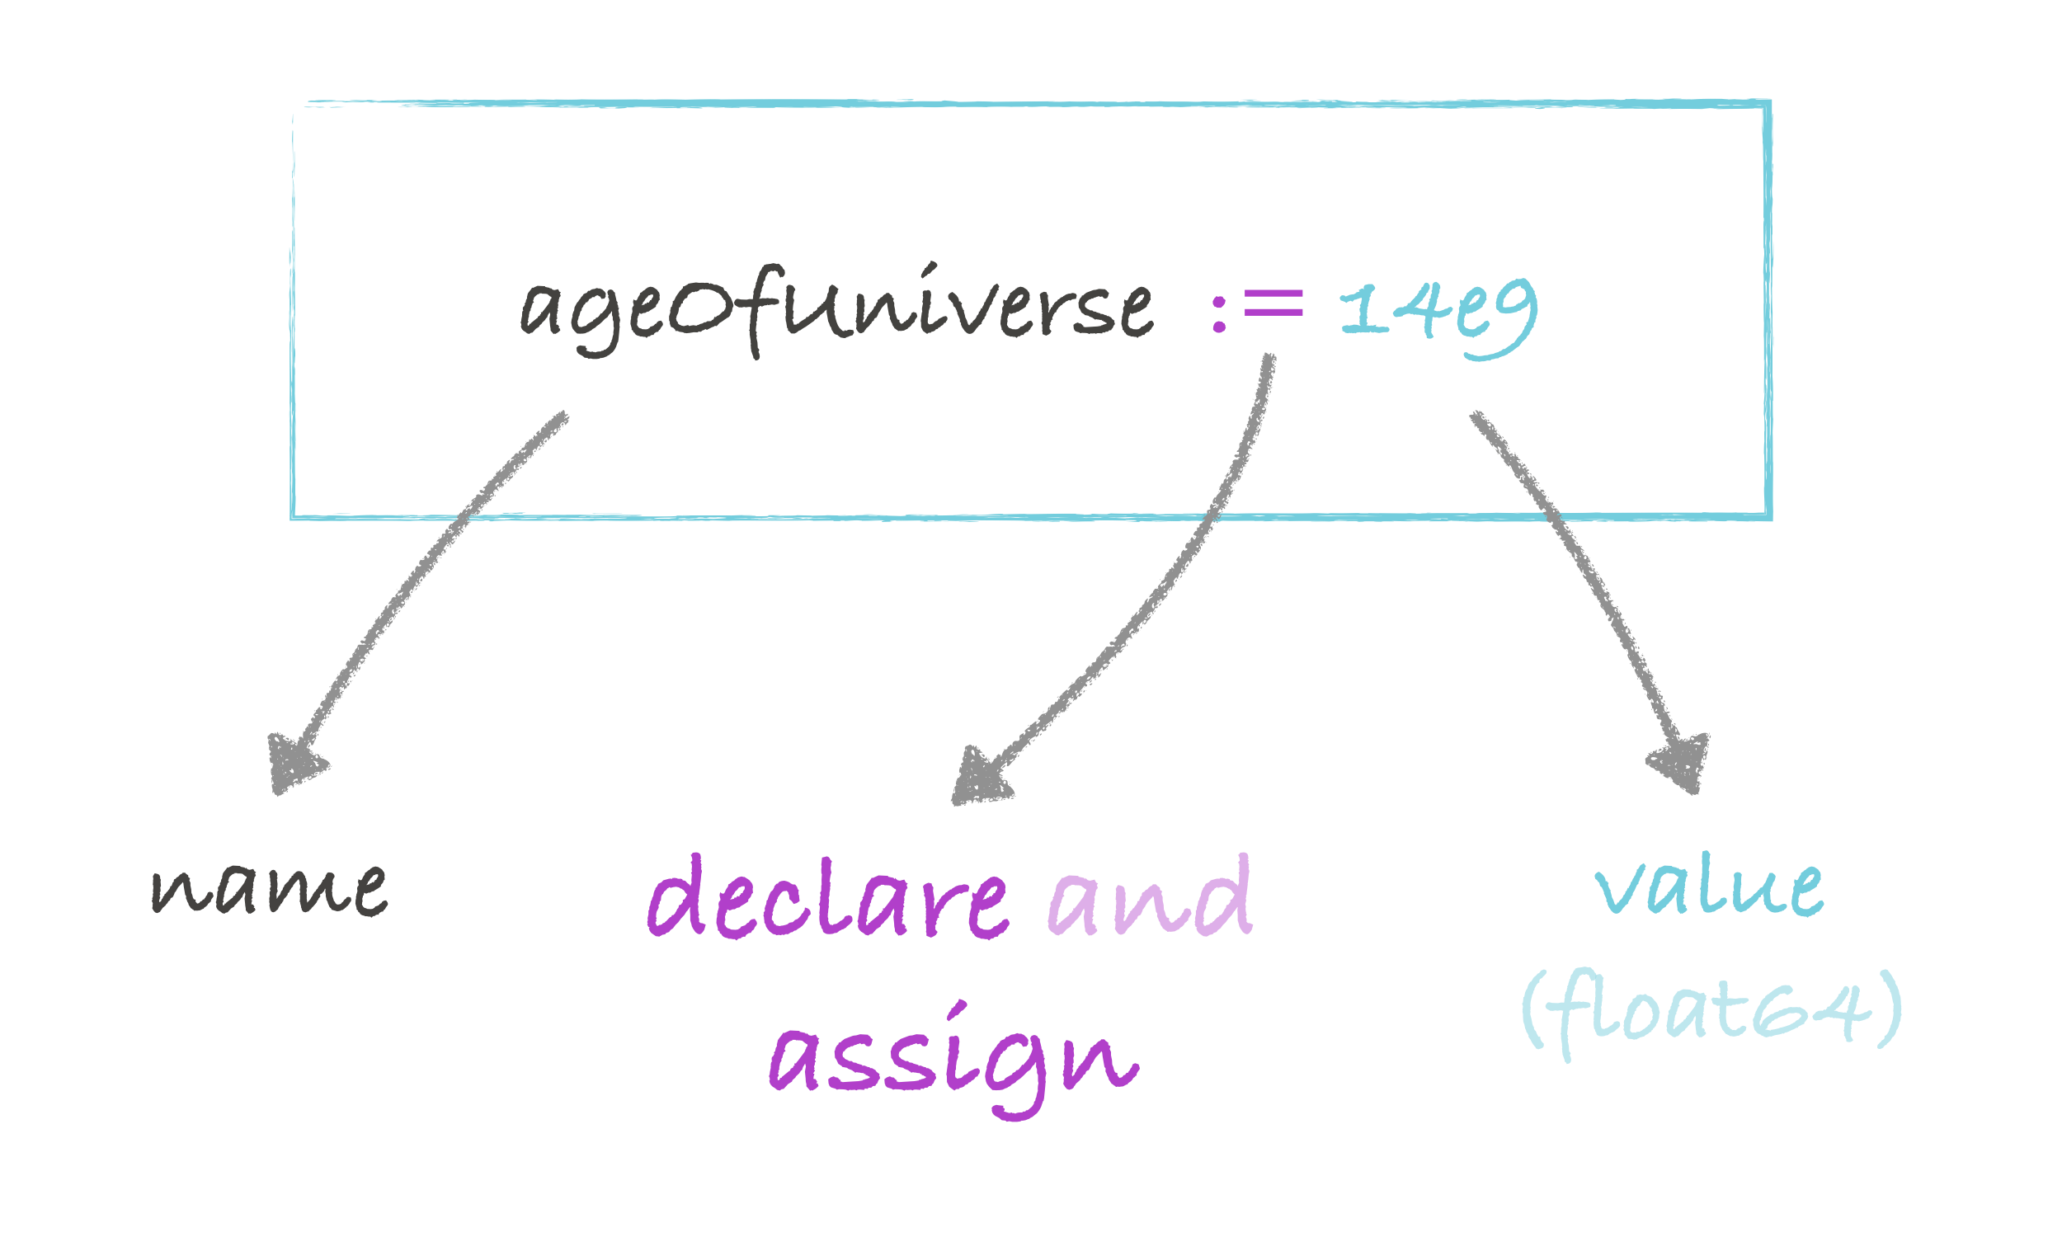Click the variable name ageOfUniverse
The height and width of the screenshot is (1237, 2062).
click(836, 310)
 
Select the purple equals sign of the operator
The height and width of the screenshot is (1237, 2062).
click(1273, 303)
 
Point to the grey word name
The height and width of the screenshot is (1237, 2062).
click(268, 890)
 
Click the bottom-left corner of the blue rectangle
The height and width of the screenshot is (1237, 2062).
click(294, 516)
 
